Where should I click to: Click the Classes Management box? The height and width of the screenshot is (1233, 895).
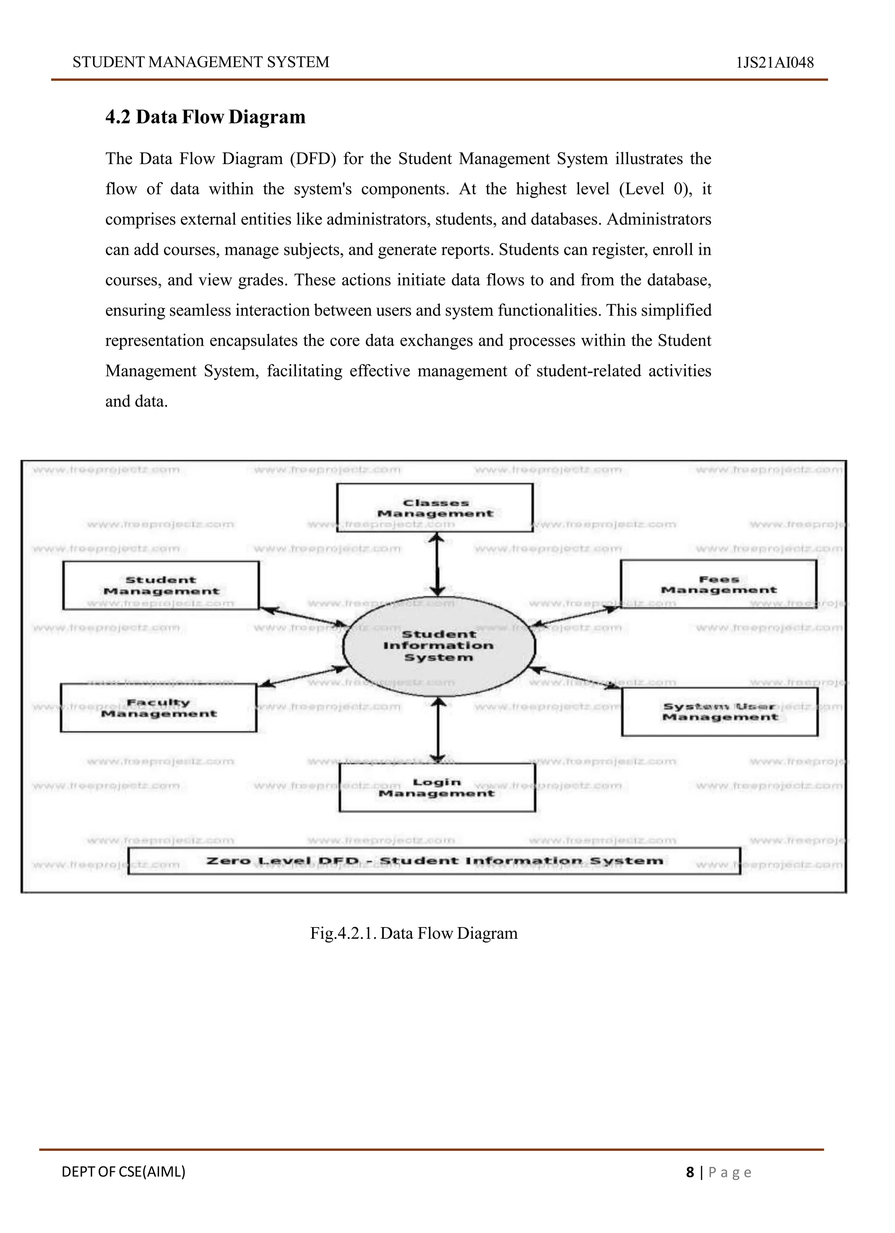click(435, 508)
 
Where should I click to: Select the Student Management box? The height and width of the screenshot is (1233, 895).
click(161, 586)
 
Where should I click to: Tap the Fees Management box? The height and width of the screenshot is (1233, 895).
click(718, 584)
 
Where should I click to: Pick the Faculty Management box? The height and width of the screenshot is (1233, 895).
click(158, 708)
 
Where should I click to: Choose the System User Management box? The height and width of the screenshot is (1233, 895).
click(719, 712)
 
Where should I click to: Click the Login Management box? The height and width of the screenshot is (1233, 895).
click(437, 787)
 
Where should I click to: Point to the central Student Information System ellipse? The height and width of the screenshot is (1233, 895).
click(438, 646)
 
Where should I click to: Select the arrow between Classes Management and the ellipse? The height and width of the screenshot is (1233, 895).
click(437, 564)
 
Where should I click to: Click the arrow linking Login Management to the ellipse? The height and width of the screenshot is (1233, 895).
click(438, 730)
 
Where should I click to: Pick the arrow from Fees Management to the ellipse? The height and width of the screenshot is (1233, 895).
click(575, 616)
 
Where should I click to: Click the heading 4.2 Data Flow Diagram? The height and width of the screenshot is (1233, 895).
click(205, 117)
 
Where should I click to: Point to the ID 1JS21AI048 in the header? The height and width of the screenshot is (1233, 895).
click(774, 63)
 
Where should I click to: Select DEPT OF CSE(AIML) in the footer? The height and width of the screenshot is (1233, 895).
click(123, 1171)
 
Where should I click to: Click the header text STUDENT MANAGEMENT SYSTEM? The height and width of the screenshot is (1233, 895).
click(201, 62)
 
